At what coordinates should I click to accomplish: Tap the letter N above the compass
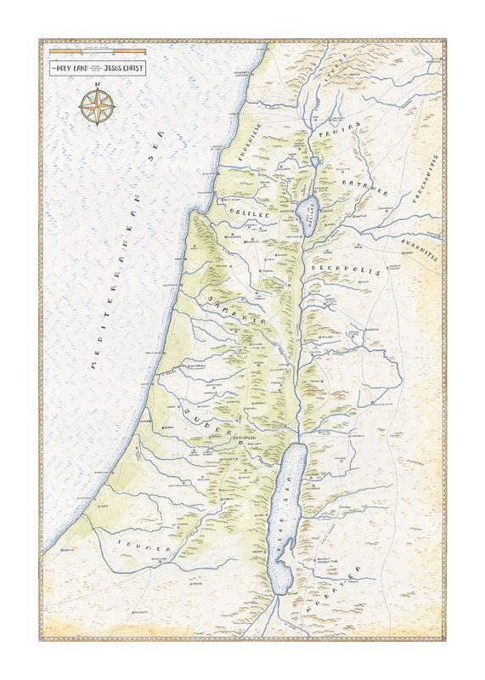click(x=97, y=85)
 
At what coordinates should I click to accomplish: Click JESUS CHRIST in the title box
click(x=126, y=65)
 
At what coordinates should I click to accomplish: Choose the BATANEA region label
click(x=365, y=188)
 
